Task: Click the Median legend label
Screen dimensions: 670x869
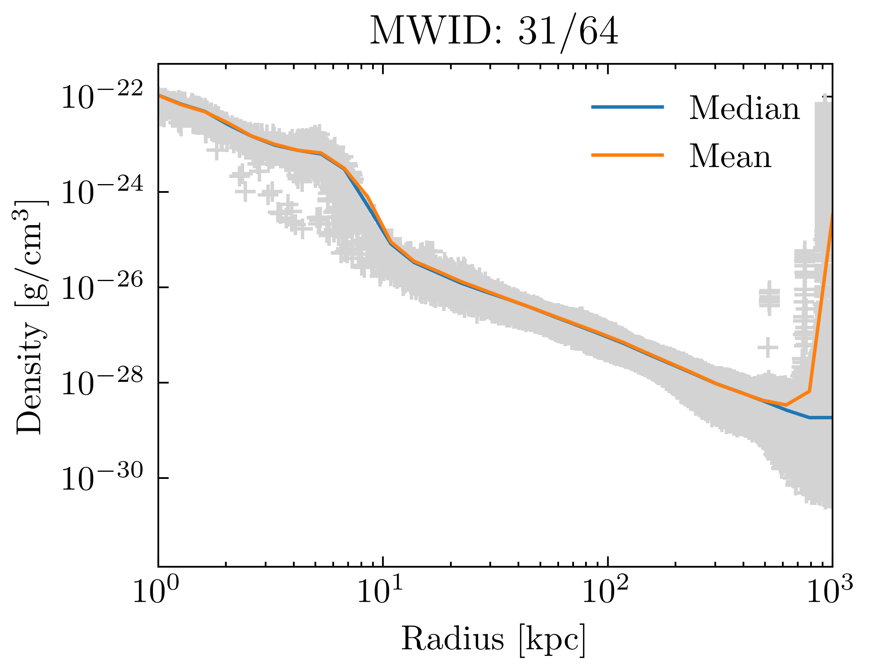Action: coord(744,108)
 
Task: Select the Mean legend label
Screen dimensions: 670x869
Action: coord(730,156)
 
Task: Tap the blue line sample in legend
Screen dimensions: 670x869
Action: coord(627,107)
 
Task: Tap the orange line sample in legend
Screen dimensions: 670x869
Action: coord(627,155)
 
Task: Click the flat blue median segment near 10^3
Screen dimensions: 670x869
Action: coord(821,418)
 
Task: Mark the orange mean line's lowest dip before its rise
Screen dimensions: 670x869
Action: coord(786,405)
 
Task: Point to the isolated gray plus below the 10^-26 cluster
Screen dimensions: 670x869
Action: coord(768,347)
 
